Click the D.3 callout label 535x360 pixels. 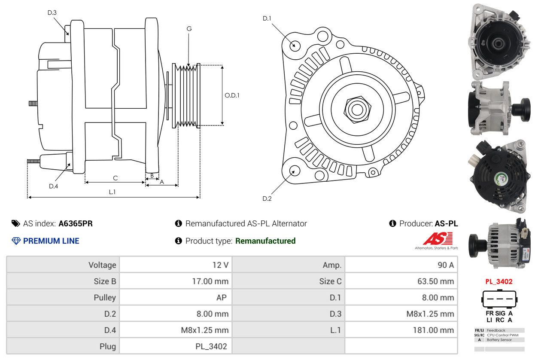(52, 12)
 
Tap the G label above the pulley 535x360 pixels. (189, 29)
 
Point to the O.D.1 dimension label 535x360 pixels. (232, 95)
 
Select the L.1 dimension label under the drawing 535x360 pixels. (112, 192)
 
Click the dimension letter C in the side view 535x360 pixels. (115, 178)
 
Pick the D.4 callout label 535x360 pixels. (53, 186)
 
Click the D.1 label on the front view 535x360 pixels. (267, 18)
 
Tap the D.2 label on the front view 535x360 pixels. (267, 198)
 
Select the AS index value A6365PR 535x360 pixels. (76, 223)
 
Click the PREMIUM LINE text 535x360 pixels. (51, 241)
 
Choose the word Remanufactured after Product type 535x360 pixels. (265, 241)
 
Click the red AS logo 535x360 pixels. (438, 239)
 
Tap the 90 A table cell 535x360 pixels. (445, 265)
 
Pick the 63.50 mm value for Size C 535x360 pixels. (435, 281)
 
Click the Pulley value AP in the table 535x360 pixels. (222, 298)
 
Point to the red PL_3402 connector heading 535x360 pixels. (499, 282)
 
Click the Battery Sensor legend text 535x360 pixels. (499, 340)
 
